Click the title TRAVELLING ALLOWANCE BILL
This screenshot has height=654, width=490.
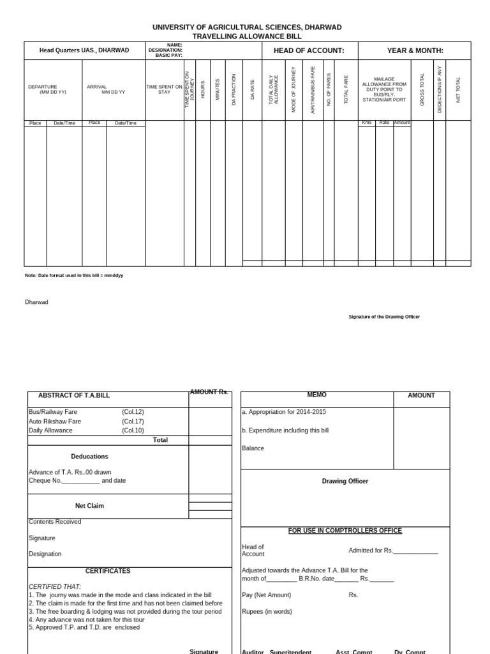point(247,36)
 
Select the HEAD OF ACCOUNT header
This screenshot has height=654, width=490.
point(309,50)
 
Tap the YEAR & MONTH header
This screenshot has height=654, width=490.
point(415,50)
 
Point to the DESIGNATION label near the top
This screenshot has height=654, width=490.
point(165,50)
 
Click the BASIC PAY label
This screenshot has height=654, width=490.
point(168,55)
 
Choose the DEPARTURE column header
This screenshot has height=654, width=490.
point(43,87)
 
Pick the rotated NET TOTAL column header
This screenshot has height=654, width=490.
point(458,89)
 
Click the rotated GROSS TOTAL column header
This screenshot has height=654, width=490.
point(422,89)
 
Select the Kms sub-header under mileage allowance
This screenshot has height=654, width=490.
point(366,122)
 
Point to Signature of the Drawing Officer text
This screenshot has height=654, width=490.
point(383,317)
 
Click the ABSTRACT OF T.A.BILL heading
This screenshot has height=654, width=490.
point(74,395)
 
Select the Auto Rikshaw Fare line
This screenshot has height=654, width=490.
point(55,422)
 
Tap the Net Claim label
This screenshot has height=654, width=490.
point(89,506)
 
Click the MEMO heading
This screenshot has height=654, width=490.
point(316,395)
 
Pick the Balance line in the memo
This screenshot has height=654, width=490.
point(253,448)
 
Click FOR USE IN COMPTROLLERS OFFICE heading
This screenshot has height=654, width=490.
point(345,531)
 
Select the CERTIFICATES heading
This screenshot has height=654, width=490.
point(108,571)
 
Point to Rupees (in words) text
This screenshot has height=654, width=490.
point(267,611)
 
